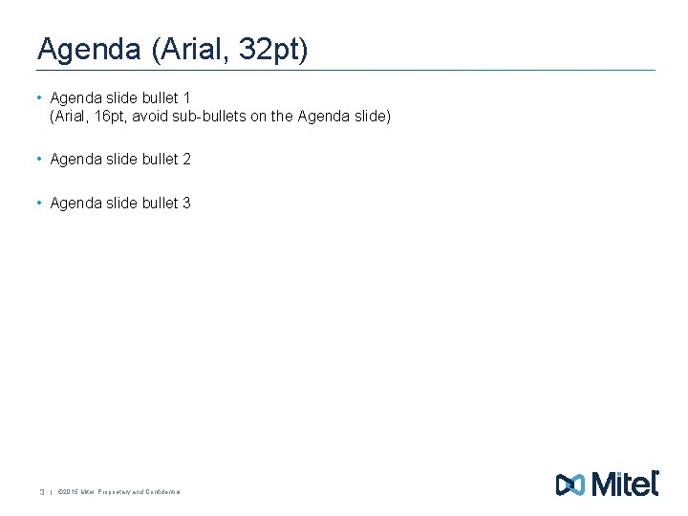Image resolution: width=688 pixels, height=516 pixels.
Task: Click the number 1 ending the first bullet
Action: click(186, 97)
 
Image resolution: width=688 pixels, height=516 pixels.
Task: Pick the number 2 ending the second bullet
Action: click(186, 160)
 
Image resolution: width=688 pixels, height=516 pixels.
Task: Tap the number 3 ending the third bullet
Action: click(186, 203)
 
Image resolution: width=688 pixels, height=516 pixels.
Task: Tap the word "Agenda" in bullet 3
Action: click(75, 203)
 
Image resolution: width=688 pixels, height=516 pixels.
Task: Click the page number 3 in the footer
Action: click(41, 492)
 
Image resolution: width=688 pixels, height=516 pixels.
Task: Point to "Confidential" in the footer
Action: click(163, 492)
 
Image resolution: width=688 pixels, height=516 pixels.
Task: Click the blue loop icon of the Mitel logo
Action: click(570, 484)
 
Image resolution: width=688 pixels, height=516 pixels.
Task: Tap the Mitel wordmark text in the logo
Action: click(626, 484)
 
